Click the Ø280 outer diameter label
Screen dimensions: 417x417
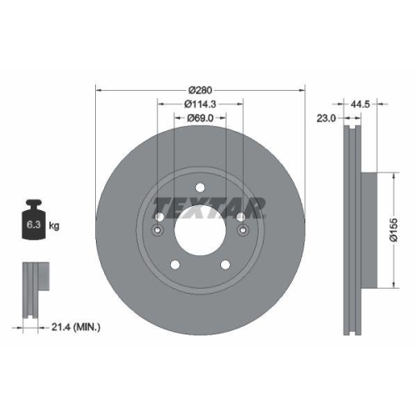[200, 89]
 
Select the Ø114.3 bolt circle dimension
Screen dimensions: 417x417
[200, 104]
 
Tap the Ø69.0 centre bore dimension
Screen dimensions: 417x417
[200, 119]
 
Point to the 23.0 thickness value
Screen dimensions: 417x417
[327, 119]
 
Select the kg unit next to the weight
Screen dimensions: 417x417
[54, 226]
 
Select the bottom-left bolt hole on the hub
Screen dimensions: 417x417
[176, 264]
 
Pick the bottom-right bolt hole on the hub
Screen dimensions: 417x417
[224, 264]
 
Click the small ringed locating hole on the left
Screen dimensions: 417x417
[158, 231]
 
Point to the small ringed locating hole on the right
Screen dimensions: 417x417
[242, 231]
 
